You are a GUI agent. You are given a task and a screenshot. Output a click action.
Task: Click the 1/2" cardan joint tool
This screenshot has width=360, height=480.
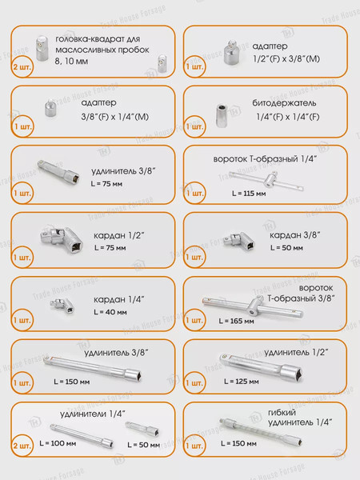coord(62,240)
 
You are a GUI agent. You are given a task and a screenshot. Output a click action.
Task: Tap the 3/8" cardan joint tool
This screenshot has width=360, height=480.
coord(240,241)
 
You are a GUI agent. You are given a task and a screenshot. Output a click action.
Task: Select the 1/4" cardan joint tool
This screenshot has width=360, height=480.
coord(62,306)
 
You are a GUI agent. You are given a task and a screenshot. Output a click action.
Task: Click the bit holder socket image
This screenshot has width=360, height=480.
coord(221,115)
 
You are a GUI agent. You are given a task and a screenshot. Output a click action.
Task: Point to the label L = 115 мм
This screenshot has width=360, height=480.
coord(249,194)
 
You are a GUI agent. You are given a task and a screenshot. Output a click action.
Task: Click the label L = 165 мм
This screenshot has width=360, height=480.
coord(236,321)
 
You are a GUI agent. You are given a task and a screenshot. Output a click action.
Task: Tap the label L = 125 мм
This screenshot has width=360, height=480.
coord(242,382)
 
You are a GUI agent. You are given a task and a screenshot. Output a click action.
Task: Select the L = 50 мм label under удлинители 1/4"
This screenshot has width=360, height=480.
coord(143,445)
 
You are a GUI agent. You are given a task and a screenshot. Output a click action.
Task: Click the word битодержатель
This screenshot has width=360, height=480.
coord(284,103)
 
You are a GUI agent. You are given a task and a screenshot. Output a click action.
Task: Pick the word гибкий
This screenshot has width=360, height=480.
coord(282,413)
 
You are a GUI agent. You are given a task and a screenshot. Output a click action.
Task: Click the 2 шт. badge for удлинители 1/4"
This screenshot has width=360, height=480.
coord(22,446)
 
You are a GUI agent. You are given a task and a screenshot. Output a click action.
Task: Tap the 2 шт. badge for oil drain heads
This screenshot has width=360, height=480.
coord(22,67)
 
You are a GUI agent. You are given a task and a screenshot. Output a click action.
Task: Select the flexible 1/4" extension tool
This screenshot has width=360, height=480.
coord(261,431)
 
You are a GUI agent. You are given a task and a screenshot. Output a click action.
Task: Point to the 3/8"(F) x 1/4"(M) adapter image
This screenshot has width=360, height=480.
coord(50,107)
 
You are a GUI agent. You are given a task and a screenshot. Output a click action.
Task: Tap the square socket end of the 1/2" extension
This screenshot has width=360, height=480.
coord(292,373)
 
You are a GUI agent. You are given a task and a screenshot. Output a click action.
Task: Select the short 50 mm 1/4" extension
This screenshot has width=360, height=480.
coord(142,429)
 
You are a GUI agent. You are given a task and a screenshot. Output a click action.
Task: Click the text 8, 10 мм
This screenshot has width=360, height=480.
coord(71,62)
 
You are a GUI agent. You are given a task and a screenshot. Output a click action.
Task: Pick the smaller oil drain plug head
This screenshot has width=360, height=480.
coord(162,63)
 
